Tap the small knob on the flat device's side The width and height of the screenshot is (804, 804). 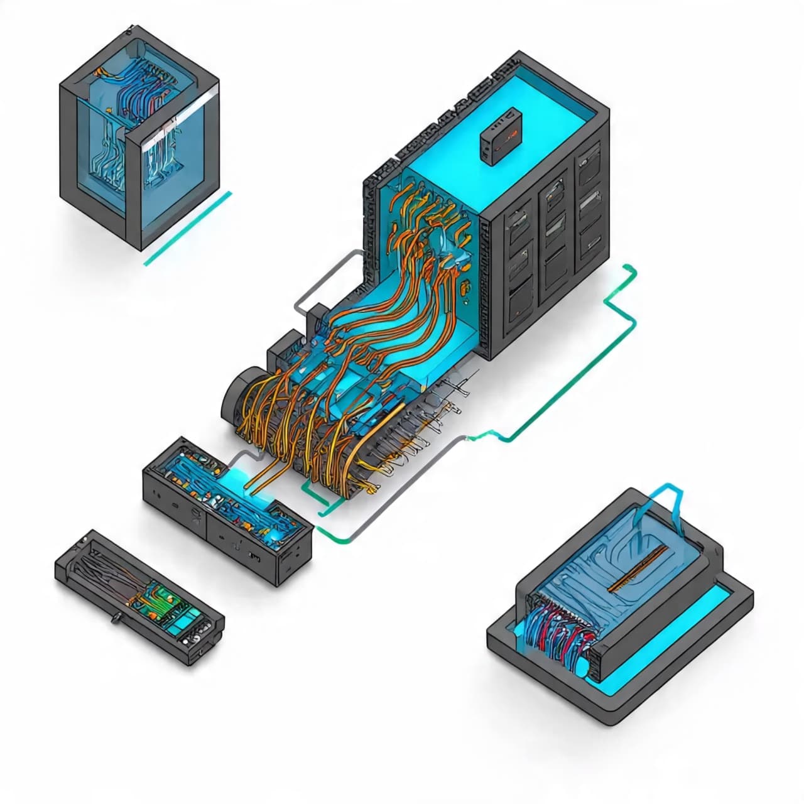116,618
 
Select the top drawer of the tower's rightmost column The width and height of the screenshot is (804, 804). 589,163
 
